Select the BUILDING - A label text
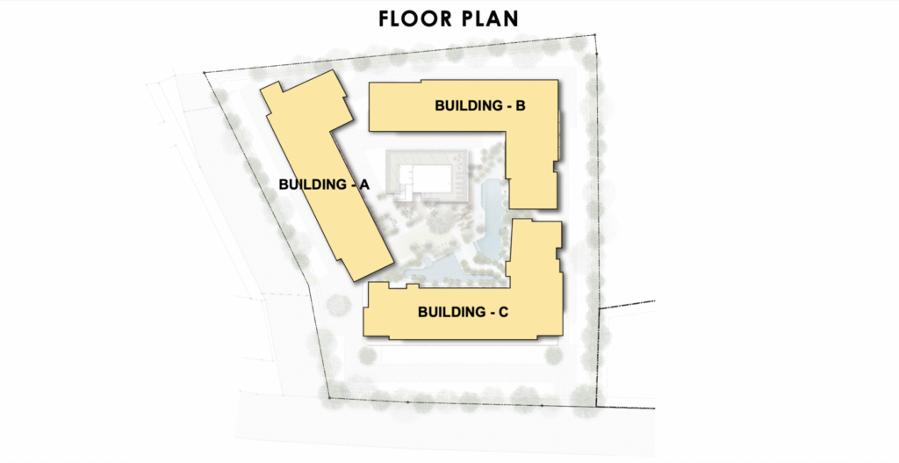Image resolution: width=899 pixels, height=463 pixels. [324, 184]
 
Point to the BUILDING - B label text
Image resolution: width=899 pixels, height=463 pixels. [480, 105]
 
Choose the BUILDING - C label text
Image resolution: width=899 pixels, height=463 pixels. [463, 312]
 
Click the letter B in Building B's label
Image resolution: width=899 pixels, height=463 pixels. [521, 105]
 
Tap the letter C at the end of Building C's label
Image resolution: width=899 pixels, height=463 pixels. [503, 312]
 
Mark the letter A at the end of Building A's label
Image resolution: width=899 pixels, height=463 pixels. [364, 184]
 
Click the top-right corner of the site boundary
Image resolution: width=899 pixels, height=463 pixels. [594, 35]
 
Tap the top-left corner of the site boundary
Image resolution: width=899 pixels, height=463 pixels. [204, 72]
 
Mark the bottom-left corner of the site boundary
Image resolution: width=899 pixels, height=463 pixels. [328, 398]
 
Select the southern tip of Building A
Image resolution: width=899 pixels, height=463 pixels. [356, 281]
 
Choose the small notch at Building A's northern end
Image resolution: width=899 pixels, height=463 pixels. [275, 86]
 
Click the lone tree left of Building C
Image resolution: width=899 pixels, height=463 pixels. [338, 304]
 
